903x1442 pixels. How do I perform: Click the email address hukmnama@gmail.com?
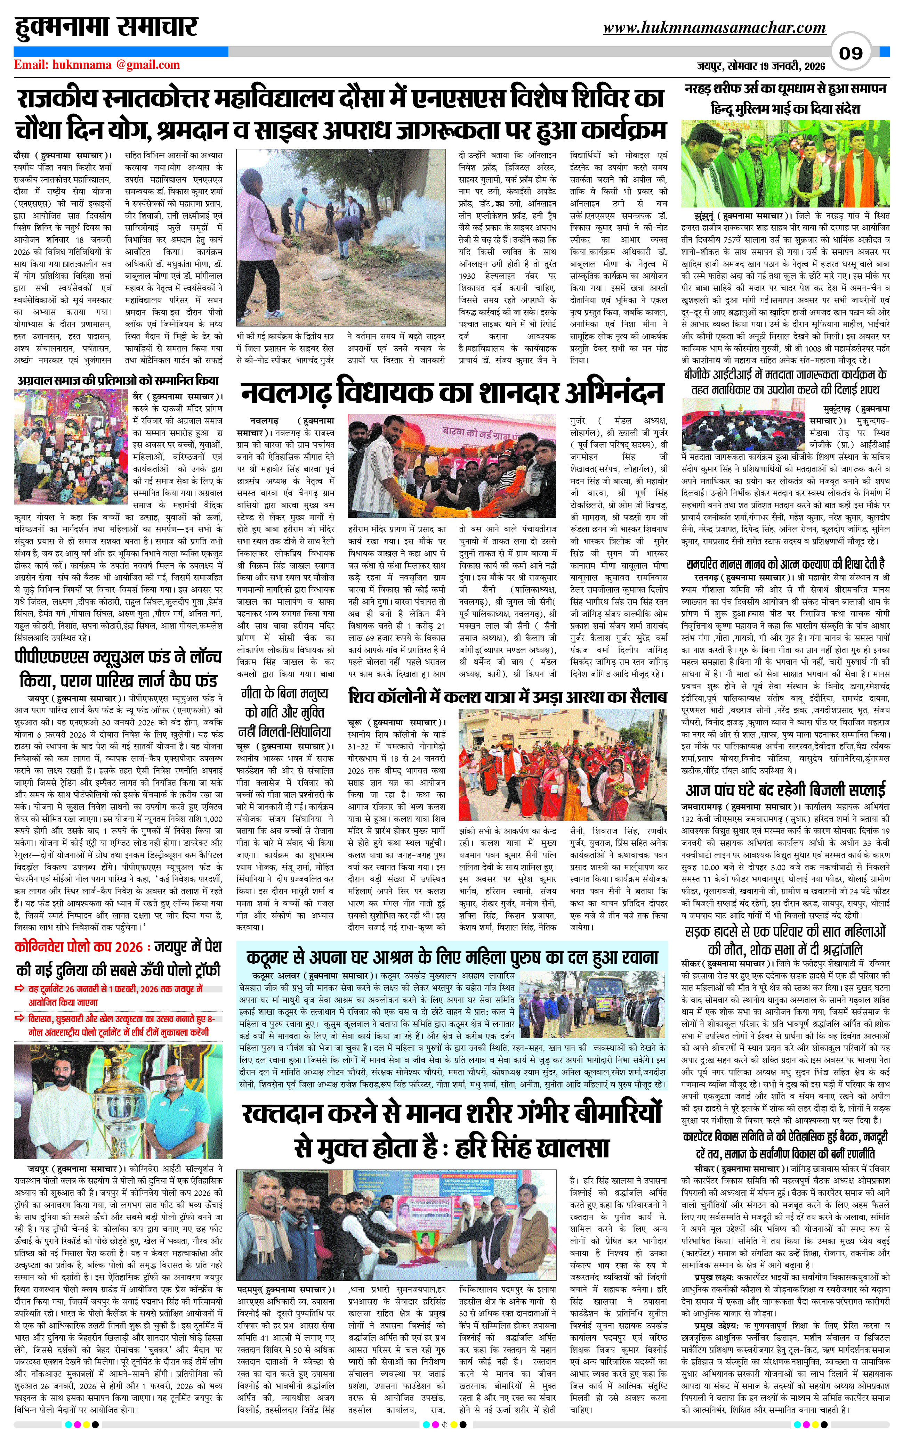click(x=97, y=65)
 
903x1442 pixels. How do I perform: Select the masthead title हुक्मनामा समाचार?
click(x=106, y=27)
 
